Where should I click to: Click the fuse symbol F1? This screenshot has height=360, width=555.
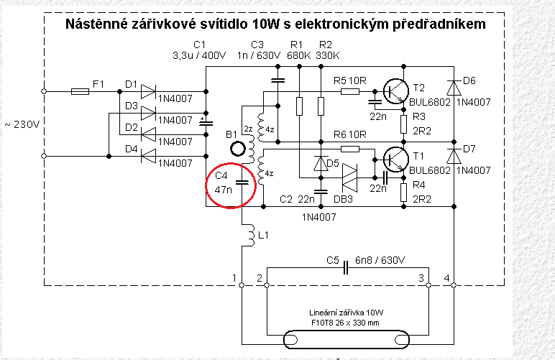tap(80, 91)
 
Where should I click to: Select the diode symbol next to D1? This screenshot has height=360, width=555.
tap(147, 91)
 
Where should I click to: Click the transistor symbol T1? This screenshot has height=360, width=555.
tap(395, 158)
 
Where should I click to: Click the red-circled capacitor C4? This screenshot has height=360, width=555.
tap(242, 183)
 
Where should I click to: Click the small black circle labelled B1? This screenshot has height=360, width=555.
tap(237, 149)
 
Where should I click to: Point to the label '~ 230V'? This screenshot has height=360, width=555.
tap(23, 124)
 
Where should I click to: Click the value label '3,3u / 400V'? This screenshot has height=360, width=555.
tap(199, 55)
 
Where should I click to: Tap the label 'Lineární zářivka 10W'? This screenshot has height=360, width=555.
tap(345, 313)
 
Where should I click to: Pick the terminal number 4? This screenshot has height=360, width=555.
tap(446, 277)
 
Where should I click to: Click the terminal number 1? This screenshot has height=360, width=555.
tap(234, 277)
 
